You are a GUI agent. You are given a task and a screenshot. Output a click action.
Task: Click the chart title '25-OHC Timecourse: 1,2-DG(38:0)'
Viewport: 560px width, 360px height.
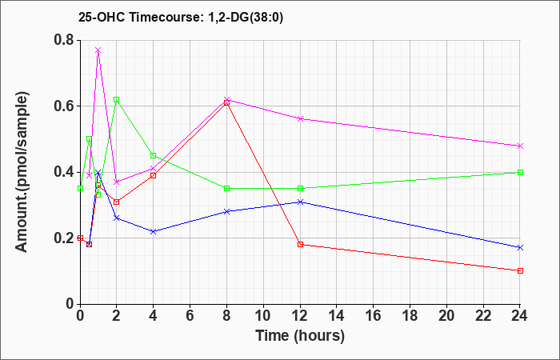[x=181, y=17]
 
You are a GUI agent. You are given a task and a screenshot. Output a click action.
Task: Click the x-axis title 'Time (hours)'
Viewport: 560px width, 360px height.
[x=300, y=336]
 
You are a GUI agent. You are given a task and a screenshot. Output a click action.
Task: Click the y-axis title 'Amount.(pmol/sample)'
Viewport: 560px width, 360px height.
[x=22, y=172]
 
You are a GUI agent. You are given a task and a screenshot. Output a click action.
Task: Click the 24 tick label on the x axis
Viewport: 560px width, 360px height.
[x=520, y=315]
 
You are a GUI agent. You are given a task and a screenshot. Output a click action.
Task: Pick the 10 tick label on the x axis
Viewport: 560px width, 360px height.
[x=263, y=315]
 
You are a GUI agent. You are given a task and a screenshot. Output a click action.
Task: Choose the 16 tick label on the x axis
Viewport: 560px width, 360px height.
[x=374, y=315]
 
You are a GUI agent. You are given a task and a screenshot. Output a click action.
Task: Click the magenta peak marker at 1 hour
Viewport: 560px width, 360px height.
[x=98, y=50]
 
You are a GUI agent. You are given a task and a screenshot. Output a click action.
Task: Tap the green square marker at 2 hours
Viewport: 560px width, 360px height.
[x=117, y=100]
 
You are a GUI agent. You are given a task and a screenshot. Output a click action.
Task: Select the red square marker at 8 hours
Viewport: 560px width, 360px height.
[x=226, y=103]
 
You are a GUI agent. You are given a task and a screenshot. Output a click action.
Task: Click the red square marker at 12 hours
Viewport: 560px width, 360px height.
[x=300, y=245]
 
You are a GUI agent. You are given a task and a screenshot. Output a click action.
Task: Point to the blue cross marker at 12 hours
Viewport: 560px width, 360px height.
[x=300, y=202]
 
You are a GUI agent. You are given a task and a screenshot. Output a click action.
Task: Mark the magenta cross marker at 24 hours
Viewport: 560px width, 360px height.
[x=520, y=146]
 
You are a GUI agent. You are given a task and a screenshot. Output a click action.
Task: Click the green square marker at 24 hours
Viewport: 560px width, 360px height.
[x=520, y=173]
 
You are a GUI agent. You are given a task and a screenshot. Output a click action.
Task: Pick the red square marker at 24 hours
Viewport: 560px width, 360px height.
[x=520, y=270]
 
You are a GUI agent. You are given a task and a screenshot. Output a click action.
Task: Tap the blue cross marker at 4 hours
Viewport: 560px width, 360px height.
[x=154, y=231]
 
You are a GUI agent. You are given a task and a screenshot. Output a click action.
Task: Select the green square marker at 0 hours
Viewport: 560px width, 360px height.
[x=80, y=188]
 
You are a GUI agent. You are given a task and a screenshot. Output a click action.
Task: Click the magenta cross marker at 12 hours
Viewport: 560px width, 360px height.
[x=300, y=118]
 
